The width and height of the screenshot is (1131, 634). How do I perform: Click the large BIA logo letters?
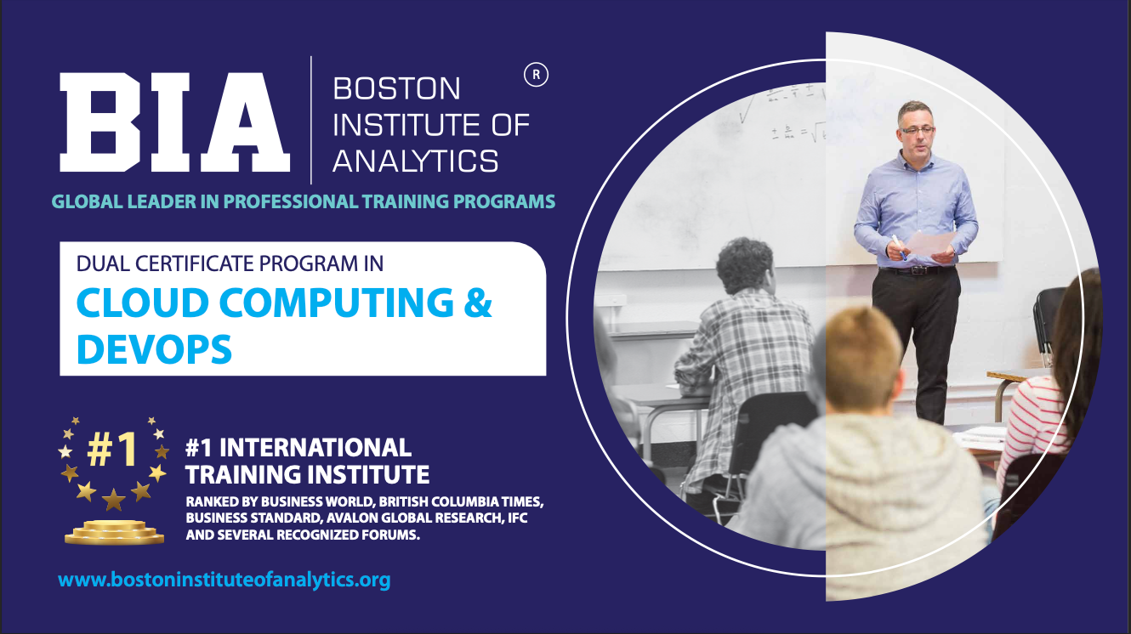point(174,122)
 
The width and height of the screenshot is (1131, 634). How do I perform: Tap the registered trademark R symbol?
point(536,75)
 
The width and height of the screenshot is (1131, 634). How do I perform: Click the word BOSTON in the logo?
point(396,89)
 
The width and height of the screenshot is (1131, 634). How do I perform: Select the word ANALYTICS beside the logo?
point(416,161)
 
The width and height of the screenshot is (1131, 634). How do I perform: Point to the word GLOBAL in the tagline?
point(87,201)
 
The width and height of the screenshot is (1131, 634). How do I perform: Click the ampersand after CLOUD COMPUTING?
point(477,303)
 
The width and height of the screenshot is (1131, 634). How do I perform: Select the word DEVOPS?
point(154,348)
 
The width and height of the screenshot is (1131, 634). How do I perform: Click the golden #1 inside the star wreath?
point(111,449)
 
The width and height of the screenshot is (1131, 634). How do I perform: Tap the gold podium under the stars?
point(115,532)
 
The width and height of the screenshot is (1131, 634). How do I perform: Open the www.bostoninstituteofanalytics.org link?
point(224,580)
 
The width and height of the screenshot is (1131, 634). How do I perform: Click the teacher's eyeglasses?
point(917,130)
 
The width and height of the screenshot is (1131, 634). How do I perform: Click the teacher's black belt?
point(917,270)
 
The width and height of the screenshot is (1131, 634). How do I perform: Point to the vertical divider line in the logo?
point(311,120)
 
